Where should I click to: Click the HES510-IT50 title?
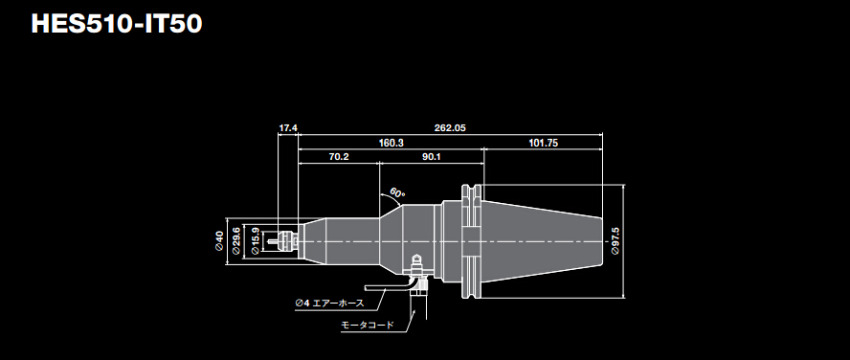coord(116,24)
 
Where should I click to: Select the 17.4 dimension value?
coord(288,127)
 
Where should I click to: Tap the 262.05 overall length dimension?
coord(449,127)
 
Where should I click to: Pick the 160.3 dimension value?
coord(391,142)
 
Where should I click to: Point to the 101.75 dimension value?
coord(543,142)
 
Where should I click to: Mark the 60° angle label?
coord(397,193)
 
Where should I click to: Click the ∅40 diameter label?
coord(219,241)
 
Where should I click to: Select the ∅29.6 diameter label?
coord(236,241)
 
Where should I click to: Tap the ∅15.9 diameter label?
coord(255,241)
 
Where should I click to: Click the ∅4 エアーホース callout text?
coord(328,303)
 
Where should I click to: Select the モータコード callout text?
coord(368,326)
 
